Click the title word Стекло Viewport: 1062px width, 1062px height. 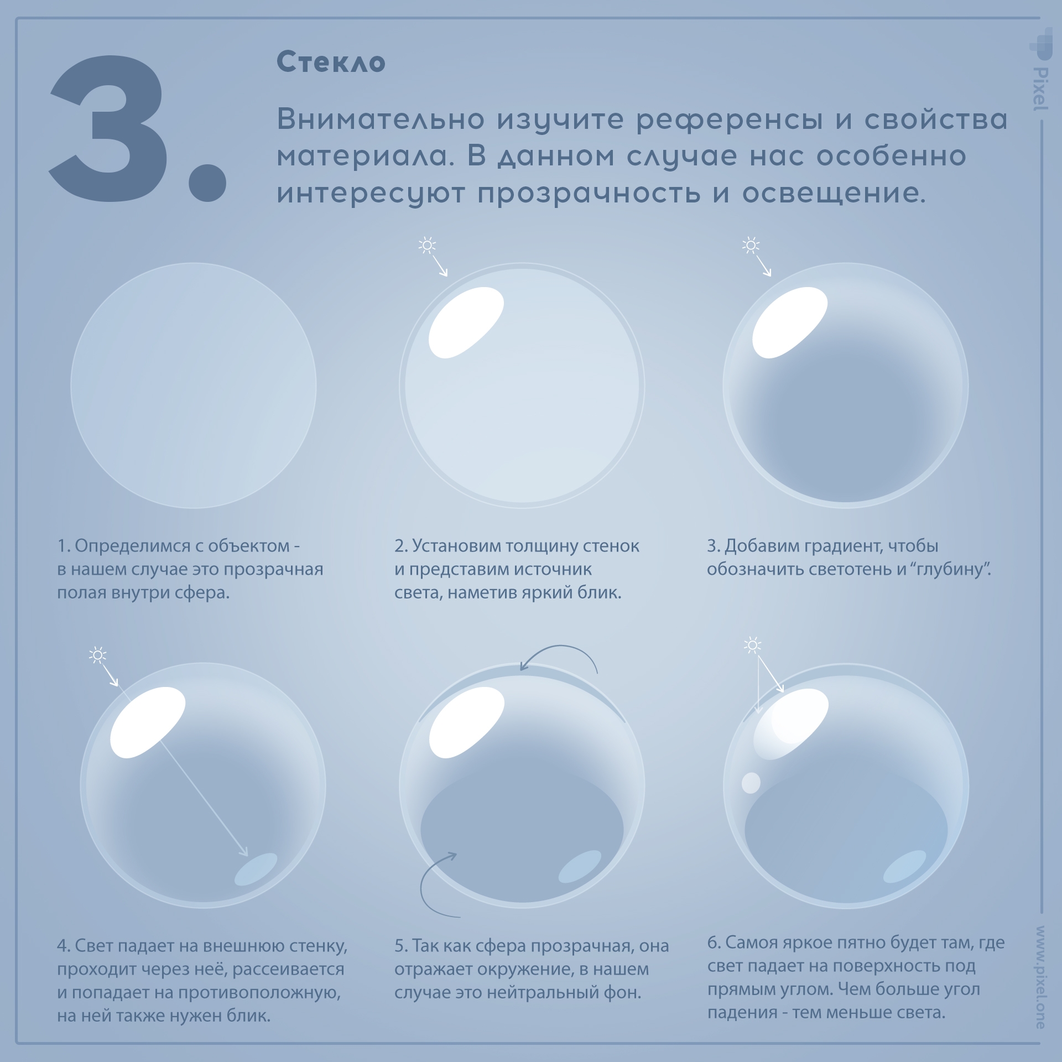(x=331, y=62)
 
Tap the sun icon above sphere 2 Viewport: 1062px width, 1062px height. (x=427, y=245)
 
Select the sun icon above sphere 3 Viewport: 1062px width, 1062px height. (x=751, y=245)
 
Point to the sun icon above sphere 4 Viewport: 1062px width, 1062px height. (x=98, y=655)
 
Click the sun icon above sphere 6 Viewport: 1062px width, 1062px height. (x=752, y=645)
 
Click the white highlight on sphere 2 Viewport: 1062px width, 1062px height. (x=466, y=322)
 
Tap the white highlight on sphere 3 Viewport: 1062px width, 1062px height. (x=789, y=322)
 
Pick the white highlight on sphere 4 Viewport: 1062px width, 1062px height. (x=147, y=722)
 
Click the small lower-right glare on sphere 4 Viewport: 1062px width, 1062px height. (x=256, y=869)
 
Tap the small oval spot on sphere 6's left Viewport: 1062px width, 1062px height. (x=751, y=783)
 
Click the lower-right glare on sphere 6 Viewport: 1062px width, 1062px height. (x=904, y=866)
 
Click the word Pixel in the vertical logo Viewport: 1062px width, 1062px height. (x=1040, y=88)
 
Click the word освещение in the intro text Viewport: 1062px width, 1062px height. (x=834, y=193)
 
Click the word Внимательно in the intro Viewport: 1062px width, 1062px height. (x=381, y=119)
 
